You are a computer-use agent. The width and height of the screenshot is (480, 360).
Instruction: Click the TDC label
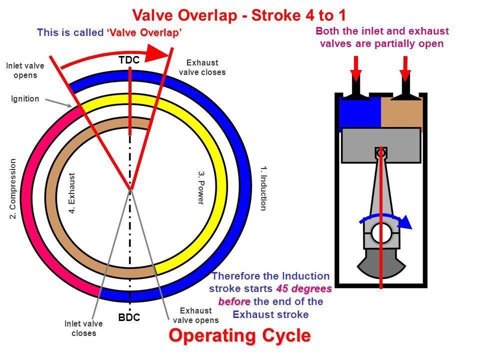129,60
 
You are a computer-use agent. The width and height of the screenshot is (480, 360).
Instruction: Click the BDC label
129,317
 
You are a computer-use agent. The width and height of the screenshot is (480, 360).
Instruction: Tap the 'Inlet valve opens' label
25,70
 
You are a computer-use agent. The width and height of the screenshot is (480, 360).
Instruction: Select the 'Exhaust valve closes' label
202,67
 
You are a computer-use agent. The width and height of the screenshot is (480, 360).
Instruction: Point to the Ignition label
25,99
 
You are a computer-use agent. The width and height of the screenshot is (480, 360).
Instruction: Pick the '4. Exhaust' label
71,193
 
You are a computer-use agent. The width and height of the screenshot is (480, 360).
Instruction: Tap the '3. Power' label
201,187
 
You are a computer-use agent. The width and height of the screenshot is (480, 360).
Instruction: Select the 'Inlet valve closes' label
83,328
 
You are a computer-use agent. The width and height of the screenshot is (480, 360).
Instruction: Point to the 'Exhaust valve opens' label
196,315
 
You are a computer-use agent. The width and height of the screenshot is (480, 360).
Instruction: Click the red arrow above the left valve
355,68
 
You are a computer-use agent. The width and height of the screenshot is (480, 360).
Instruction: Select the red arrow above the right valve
405,68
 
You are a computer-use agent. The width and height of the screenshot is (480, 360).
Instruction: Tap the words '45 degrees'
303,288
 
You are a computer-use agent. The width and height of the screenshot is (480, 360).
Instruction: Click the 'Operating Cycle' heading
239,335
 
